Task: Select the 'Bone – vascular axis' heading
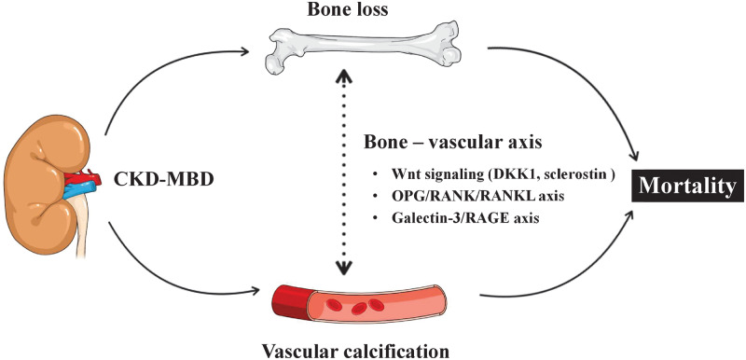454,145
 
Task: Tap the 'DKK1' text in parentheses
493,174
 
